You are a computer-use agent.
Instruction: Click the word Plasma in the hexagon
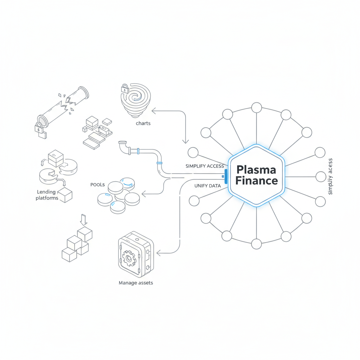[256, 169]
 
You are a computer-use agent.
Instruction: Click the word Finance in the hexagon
[256, 181]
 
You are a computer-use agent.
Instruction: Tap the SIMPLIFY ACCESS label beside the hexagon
[205, 166]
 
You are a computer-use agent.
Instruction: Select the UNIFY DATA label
[207, 186]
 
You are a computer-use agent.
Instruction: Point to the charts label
[143, 123]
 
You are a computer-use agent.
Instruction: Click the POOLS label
[98, 185]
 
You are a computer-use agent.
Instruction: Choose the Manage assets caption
[136, 283]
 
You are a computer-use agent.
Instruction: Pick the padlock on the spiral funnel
[125, 88]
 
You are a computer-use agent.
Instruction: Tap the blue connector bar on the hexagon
[225, 176]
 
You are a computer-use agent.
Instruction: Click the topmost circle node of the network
[257, 108]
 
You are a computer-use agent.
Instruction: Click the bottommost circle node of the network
[257, 243]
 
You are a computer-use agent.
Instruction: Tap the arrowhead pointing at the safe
[159, 252]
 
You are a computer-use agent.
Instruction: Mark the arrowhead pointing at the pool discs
[143, 193]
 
